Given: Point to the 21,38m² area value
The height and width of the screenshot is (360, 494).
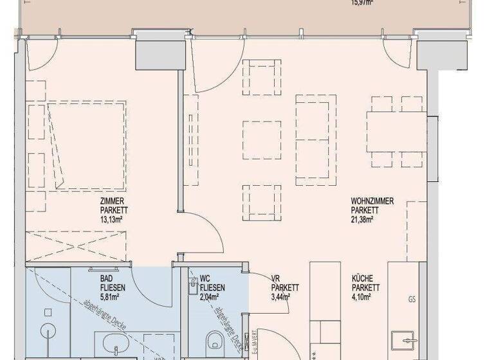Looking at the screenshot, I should coord(363,218).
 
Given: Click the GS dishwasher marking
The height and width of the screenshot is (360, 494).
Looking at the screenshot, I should coord(412,300).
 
